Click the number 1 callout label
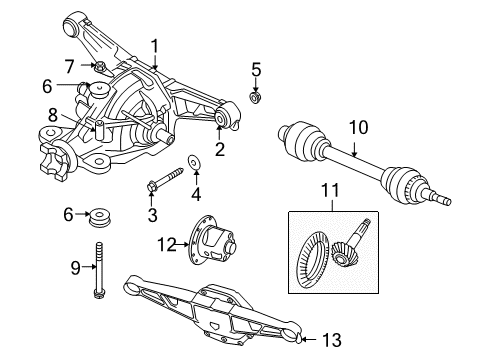tap(155, 44)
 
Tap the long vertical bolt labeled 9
tap(100, 268)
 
